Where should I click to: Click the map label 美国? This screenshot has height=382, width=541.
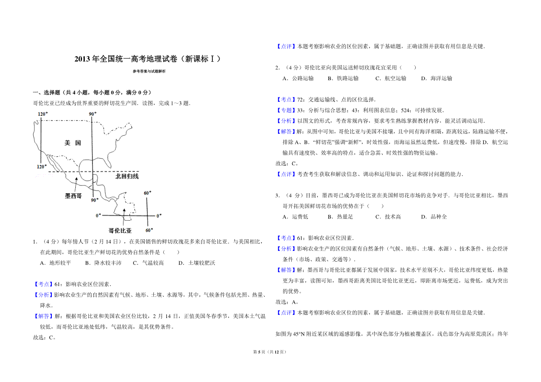tap(73, 143)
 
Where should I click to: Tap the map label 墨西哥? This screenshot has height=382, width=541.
tap(73, 196)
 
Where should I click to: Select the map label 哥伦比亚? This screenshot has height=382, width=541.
tap(120, 231)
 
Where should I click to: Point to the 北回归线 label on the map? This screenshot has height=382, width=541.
tap(127, 176)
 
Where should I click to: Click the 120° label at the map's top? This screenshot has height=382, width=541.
tap(43, 114)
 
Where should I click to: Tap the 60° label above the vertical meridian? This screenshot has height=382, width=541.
tap(147, 193)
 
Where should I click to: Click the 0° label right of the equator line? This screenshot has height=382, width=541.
tap(159, 216)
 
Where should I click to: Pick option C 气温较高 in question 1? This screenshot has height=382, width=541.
tap(148, 263)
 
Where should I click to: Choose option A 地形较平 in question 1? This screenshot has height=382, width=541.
tap(55, 263)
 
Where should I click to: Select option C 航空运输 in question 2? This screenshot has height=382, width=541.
tap(391, 78)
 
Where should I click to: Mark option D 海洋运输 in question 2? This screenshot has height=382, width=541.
tap(437, 78)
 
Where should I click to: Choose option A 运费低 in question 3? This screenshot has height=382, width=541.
tap(295, 217)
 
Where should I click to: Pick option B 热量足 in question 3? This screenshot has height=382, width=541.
tap(340, 217)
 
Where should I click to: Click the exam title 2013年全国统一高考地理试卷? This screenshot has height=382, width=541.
tap(126, 59)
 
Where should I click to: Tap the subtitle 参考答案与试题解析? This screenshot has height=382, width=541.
tap(149, 71)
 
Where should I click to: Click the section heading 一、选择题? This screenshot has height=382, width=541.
tap(46, 92)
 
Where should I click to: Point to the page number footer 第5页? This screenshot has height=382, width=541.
tap(259, 352)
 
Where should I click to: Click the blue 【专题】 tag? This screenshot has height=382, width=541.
tap(286, 110)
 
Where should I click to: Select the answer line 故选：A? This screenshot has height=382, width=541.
tap(287, 302)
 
